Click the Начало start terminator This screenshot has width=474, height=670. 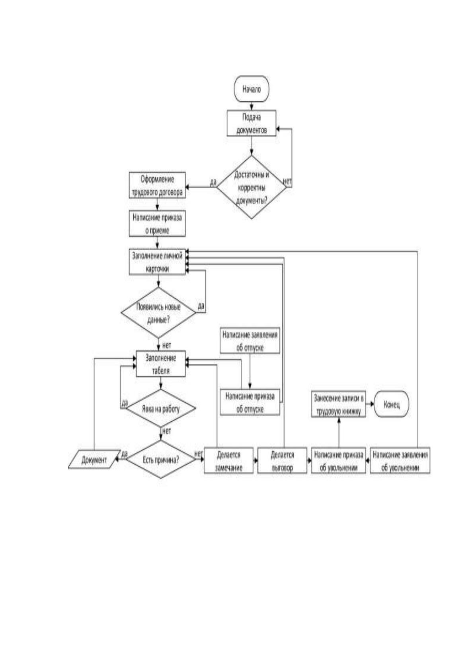click(252, 89)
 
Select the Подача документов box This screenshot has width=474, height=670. click(252, 123)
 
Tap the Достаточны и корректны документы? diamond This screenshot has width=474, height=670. click(252, 187)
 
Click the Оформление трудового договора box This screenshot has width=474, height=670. click(157, 185)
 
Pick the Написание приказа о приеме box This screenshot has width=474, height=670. click(157, 224)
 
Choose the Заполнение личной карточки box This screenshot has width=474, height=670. click(157, 262)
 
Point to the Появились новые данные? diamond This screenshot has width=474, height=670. click(158, 313)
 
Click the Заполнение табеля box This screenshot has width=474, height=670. click(161, 364)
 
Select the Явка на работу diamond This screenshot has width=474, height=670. click(161, 408)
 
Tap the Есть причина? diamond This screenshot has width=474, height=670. click(161, 460)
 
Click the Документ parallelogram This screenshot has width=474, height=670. click(94, 460)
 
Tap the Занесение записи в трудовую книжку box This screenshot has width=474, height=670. click(338, 404)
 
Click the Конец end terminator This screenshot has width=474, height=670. click(391, 404)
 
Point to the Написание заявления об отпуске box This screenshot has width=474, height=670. click(250, 341)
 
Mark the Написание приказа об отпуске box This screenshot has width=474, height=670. click(250, 402)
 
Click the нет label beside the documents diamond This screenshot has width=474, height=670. click(287, 181)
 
